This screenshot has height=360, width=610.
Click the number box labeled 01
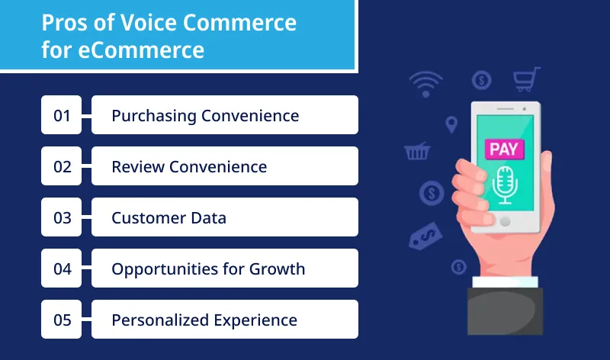pos(62,115)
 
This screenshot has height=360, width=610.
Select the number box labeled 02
pos(62,166)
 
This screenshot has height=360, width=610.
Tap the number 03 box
pos(62,217)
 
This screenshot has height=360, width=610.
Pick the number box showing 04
pos(62,268)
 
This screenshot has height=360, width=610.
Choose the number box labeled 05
pos(62,320)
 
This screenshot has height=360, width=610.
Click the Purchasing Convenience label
pos(204,115)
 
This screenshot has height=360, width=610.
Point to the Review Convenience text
pos(189,166)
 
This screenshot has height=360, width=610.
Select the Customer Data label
pos(169,217)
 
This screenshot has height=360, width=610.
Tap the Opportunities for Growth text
pos(208,268)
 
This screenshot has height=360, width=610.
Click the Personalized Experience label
pos(204,320)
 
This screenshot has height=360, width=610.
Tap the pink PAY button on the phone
pos(505,148)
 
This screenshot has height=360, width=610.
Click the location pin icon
pos(451,124)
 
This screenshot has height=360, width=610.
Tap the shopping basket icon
pos(416,151)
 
